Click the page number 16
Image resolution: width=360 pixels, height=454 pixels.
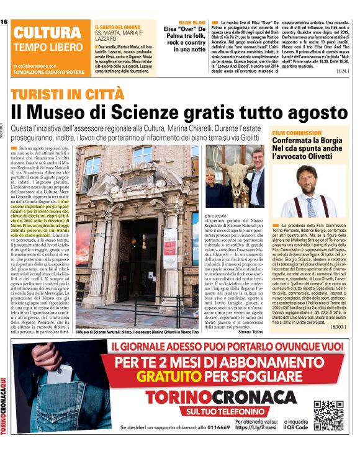pyautogui.click(x=4, y=22)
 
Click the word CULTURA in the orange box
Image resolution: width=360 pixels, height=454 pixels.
pyautogui.click(x=43, y=33)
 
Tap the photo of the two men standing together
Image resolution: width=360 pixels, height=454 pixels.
pyautogui.click(x=235, y=176)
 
